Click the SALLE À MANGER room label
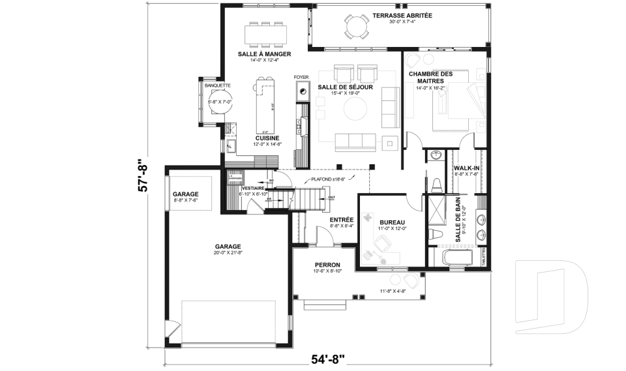264,53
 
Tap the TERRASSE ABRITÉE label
402,15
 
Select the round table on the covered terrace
356,27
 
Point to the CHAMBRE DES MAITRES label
426,77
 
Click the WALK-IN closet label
466,168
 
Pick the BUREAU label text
392,222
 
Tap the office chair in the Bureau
383,246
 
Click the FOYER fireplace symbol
301,91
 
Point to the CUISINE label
267,138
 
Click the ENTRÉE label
341,220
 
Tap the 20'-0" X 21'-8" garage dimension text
228,252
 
